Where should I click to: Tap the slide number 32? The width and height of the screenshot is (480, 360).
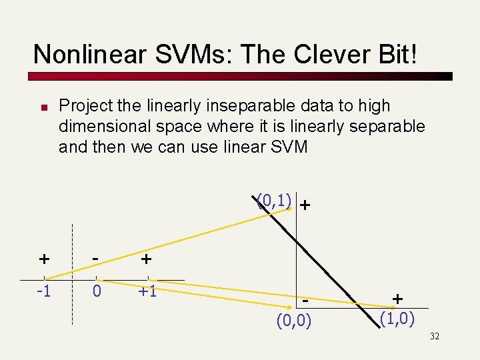435,336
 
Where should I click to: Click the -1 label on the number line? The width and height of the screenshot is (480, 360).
43,291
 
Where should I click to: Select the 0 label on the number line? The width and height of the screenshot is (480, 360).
97,291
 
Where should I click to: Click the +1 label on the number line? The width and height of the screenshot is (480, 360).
147,291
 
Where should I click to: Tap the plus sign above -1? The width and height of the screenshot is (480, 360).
43,258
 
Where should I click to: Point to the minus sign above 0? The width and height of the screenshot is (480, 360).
97,257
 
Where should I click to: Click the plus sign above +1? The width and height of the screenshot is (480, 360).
146,258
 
